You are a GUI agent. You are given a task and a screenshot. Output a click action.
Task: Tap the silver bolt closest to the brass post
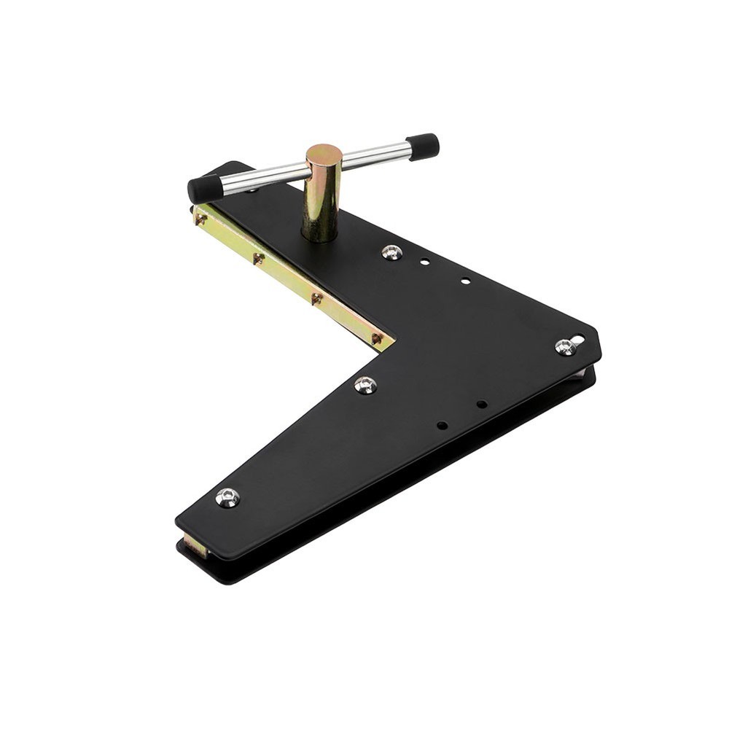391,252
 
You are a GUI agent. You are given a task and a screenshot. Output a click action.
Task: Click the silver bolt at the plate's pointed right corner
565,347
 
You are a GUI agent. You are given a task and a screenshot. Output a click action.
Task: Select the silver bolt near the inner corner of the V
365,385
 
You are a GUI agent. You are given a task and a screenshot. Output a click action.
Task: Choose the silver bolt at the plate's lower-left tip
227,498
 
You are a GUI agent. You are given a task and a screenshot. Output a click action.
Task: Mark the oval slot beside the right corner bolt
578,340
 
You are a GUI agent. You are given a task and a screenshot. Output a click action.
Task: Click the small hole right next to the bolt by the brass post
424,262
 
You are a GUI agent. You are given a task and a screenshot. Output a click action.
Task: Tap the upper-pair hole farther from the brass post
465,281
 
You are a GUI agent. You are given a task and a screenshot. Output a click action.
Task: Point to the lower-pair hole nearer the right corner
481,404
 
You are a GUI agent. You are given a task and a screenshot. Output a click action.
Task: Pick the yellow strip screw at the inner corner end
376,338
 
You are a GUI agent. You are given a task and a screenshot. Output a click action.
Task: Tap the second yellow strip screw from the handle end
257,257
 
